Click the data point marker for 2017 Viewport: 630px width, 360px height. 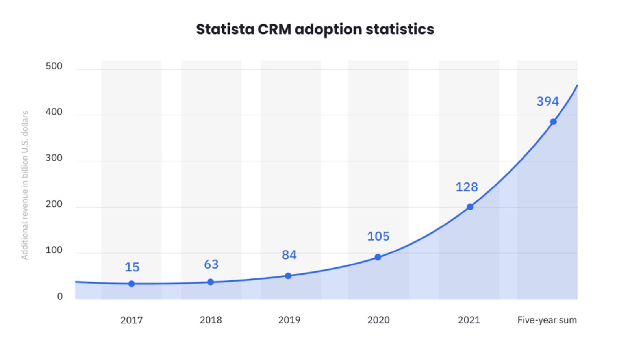[132, 284]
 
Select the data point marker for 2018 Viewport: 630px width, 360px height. [211, 282]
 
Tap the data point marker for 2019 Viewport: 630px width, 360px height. [288, 276]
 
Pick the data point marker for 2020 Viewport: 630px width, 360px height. [378, 257]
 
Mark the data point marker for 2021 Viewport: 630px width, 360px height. [470, 207]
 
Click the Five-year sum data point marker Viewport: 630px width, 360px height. [553, 122]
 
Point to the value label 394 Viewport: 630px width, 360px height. [548, 102]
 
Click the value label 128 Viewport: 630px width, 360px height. [467, 187]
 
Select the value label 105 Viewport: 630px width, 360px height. [378, 236]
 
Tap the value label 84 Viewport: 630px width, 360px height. [289, 255]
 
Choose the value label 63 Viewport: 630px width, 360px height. [211, 264]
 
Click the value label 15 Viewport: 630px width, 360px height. [132, 267]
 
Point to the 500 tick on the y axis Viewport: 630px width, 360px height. [54, 66]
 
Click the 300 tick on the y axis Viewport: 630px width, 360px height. [54, 158]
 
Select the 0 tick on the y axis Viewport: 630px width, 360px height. [60, 297]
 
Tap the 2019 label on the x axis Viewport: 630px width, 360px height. [289, 320]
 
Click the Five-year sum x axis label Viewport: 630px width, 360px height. [547, 320]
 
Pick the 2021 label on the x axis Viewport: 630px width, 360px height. [469, 320]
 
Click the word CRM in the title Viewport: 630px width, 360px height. [274, 29]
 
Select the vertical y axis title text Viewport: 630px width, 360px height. [25, 185]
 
